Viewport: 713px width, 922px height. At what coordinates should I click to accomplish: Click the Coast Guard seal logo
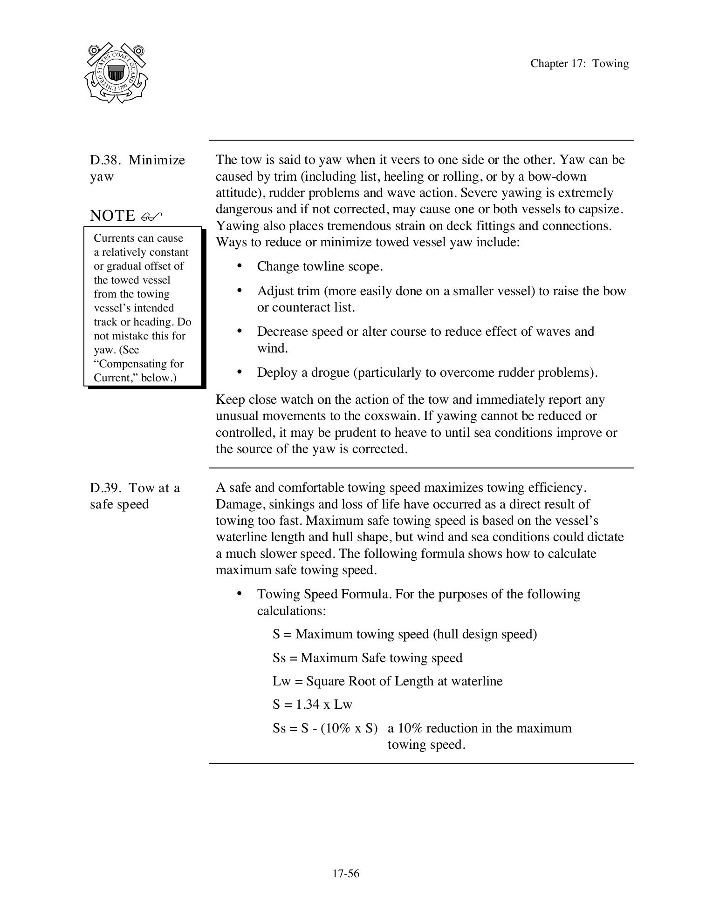click(x=116, y=73)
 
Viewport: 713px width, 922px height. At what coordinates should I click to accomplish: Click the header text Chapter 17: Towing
click(x=579, y=64)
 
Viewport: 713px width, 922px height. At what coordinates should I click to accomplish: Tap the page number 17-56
click(x=346, y=874)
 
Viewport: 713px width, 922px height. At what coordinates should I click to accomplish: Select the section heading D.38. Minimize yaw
click(x=137, y=168)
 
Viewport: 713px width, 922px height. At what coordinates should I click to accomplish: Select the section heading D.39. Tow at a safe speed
click(x=135, y=496)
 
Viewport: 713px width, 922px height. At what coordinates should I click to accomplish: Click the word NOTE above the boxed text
click(x=112, y=216)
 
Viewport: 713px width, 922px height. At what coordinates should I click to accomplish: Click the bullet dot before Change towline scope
click(x=240, y=266)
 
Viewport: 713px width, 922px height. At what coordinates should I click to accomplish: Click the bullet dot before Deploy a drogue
click(x=240, y=372)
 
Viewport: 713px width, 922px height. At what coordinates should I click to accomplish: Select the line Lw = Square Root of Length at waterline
click(x=387, y=681)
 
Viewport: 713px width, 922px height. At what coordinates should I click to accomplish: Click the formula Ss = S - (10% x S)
click(x=325, y=728)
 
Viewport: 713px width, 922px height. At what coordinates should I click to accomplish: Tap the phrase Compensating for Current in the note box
click(x=139, y=371)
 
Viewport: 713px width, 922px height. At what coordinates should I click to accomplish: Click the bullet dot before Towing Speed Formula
click(x=240, y=593)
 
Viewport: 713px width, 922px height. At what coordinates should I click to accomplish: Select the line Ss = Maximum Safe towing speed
click(x=367, y=658)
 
